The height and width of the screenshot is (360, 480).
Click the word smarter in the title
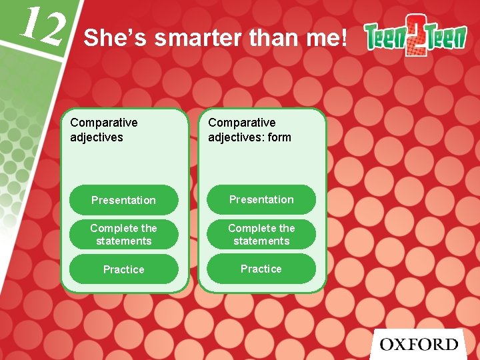(x=198, y=38)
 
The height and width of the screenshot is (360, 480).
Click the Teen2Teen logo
(x=415, y=39)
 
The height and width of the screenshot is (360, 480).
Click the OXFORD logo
(x=419, y=344)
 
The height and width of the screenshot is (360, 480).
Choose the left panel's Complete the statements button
(x=124, y=235)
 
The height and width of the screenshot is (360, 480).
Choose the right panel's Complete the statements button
(x=261, y=234)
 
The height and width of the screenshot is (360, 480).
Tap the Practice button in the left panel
(x=124, y=269)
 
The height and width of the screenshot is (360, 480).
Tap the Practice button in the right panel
(x=261, y=269)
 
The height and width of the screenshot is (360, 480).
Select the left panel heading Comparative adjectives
(x=104, y=129)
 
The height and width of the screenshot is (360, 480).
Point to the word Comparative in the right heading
(x=241, y=123)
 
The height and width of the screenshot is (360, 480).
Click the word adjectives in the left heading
(x=97, y=137)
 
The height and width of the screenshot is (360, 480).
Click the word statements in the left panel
(x=124, y=241)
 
